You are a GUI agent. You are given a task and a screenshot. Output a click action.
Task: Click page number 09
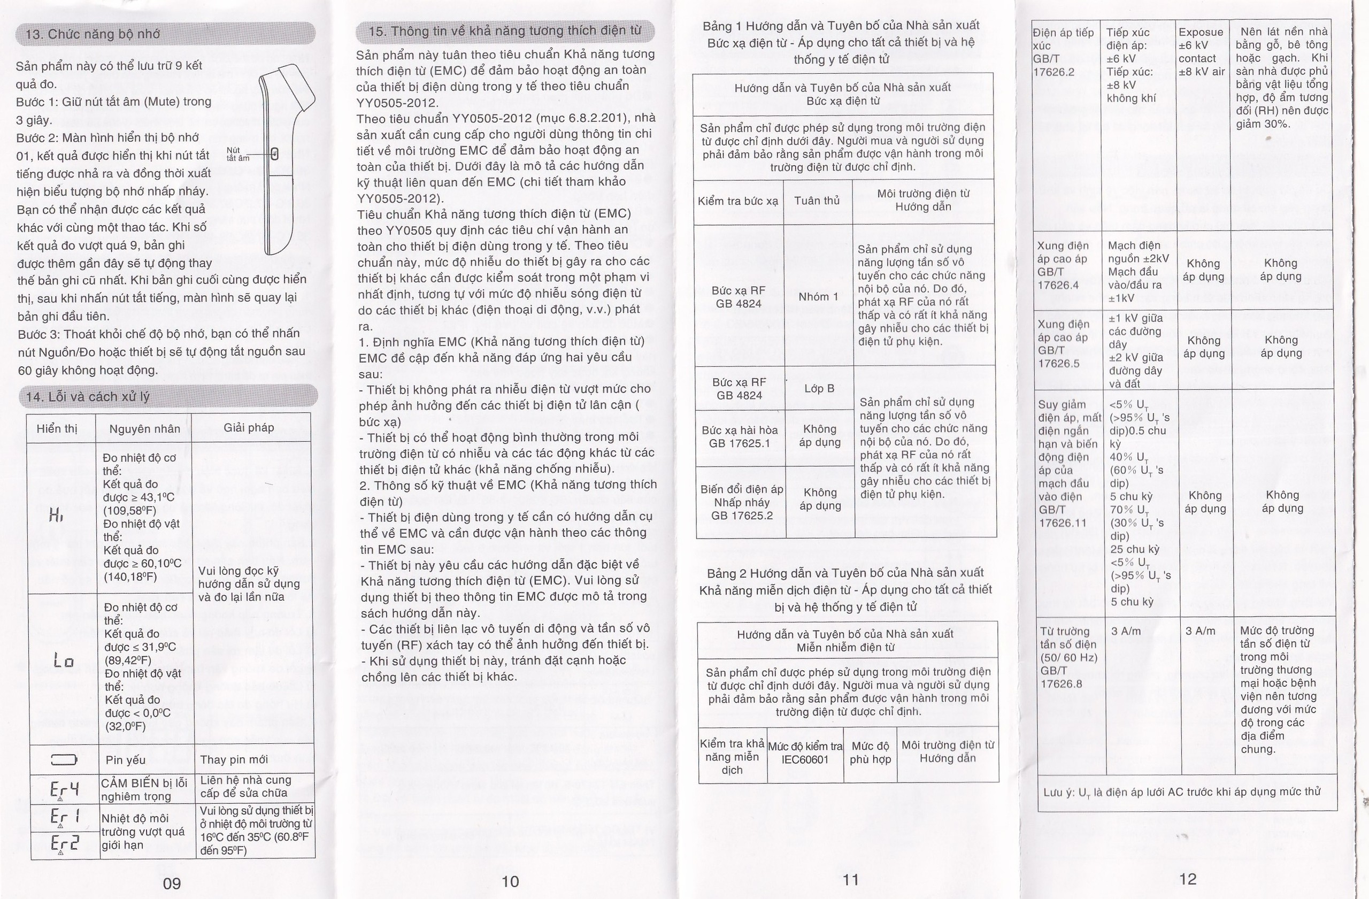coord(172,883)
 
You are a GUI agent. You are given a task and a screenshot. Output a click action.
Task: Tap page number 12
coord(1187,878)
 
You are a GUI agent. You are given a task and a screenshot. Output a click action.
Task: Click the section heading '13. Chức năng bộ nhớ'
coord(92,34)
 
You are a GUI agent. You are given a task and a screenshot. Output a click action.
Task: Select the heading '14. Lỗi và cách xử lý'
coord(87,397)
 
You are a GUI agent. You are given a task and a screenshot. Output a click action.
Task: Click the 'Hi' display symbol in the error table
coord(56,517)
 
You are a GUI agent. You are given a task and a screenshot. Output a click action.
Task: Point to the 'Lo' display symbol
coord(63,660)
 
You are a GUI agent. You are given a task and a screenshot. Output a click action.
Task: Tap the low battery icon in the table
coord(63,760)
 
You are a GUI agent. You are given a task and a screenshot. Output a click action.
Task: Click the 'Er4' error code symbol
coord(63,787)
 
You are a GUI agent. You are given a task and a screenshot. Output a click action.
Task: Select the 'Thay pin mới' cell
coord(234,760)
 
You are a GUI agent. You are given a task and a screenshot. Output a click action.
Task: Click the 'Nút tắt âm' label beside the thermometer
coord(237,154)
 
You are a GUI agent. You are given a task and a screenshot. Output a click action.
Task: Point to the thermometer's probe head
coord(295,89)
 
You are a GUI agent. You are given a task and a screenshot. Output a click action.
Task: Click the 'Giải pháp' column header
coord(249,427)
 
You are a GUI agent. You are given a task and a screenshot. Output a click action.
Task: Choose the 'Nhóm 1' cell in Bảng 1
coord(818,297)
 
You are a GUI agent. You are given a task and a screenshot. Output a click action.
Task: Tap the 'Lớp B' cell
coord(819,388)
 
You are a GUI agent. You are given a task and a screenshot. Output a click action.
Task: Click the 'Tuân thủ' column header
coord(817,201)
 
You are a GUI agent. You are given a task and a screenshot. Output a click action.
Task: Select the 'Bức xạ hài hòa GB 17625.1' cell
coord(739,436)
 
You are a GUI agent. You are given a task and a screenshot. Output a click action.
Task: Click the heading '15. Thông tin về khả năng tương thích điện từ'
coord(504,30)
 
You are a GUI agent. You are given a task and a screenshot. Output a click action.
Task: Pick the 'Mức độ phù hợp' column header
coord(870,752)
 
